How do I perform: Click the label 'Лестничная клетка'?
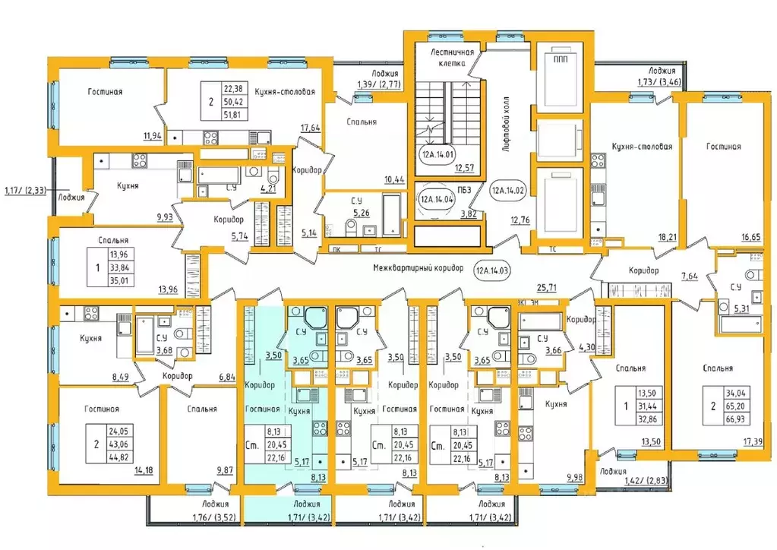pos(452,58)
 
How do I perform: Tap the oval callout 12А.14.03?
pos(493,271)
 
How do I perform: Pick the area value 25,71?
pos(547,287)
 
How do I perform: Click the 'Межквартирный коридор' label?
pos(419,268)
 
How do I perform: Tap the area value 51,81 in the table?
pos(233,115)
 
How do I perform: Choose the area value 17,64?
pos(310,128)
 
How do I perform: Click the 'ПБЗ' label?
pos(464,189)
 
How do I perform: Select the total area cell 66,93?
pos(737,419)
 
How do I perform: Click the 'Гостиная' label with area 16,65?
pos(724,146)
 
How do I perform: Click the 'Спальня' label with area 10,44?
pos(362,122)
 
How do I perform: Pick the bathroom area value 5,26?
pos(362,213)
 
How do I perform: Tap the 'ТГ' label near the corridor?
pos(378,249)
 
